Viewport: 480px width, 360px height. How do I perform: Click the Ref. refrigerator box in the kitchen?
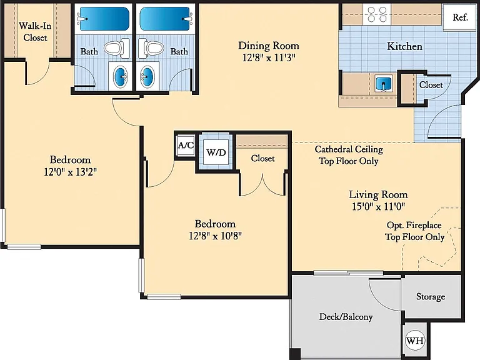coord(460,17)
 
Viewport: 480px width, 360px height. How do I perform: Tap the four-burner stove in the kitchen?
coord(377,14)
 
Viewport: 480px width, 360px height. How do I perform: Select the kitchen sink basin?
coord(384,84)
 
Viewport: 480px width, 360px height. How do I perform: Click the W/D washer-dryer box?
coord(216,152)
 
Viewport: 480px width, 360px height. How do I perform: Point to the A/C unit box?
coord(186,145)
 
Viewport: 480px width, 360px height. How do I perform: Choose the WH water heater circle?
coord(415,340)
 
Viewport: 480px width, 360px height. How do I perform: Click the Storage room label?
coord(431,296)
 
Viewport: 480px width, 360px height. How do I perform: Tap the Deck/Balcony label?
coord(346,316)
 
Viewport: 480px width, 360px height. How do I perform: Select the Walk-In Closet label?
coord(35,31)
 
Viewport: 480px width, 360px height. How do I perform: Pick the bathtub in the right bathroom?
coord(165,19)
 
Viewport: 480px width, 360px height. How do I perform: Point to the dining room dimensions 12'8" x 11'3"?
coord(269,57)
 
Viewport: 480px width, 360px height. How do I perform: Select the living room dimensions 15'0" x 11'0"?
coord(378,206)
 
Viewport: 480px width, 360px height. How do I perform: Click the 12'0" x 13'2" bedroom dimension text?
coord(70,172)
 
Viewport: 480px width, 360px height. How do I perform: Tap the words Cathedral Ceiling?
coord(349,149)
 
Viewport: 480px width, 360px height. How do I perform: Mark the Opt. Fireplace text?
coord(414,225)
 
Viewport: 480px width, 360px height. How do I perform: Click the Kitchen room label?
coord(405,46)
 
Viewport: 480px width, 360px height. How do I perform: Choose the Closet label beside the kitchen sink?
coord(431,84)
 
